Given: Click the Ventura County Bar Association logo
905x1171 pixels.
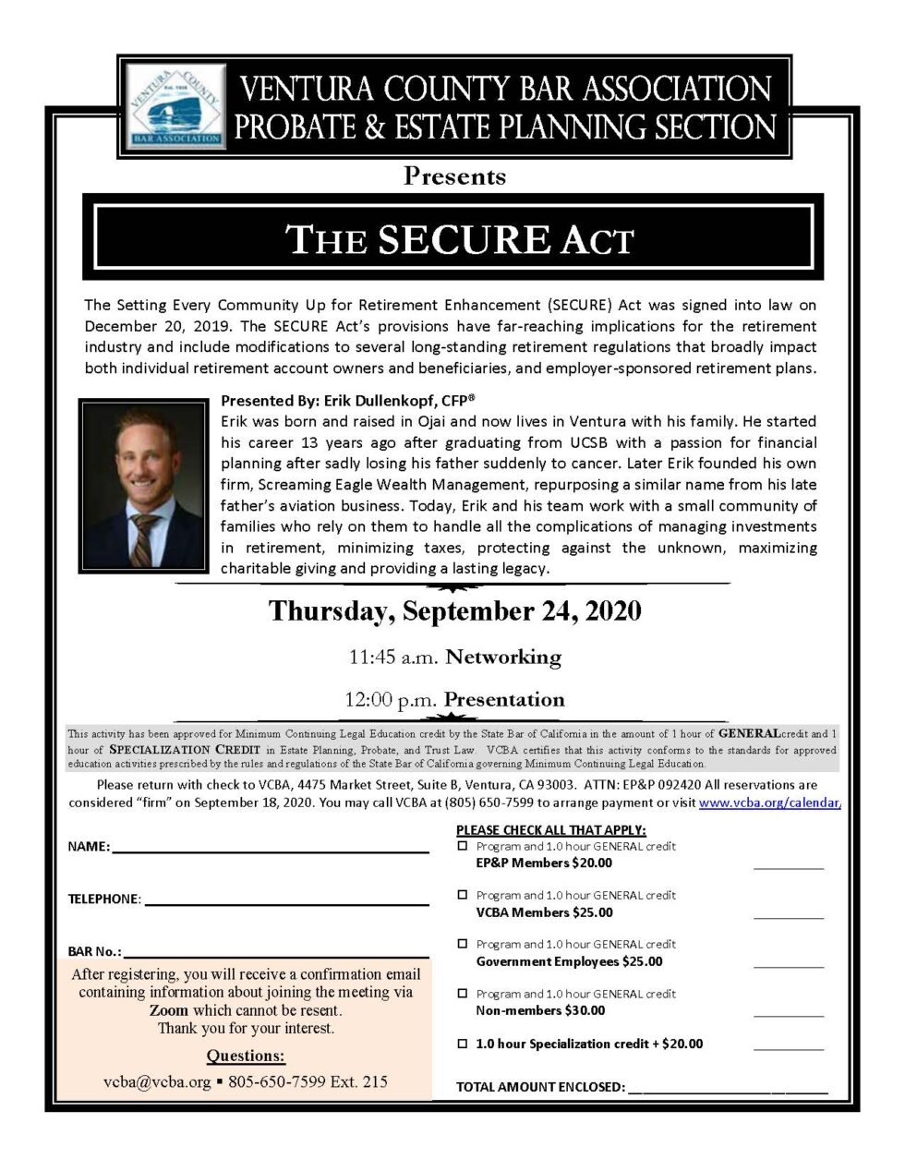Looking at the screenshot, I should (175, 106).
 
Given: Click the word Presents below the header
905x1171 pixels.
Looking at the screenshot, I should (454, 176).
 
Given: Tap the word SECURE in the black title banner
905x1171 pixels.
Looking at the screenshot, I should (464, 239).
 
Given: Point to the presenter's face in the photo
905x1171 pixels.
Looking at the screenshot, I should (146, 458).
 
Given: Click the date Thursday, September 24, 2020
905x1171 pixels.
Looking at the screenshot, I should (454, 611).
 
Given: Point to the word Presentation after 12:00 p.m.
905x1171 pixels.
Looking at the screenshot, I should (504, 700).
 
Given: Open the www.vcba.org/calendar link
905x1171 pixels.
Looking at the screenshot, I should (769, 803).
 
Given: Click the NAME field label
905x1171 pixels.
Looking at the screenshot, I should (89, 847).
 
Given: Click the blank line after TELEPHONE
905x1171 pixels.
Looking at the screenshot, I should (286, 899).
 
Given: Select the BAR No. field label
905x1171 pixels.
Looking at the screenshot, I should (94, 951).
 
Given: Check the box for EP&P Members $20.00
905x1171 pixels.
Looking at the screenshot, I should (463, 846).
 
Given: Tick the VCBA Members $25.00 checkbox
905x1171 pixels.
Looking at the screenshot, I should (463, 895).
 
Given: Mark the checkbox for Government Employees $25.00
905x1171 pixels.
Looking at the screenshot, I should (463, 944).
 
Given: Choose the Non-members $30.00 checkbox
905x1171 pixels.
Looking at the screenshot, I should (463, 994).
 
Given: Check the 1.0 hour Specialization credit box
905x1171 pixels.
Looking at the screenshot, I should (463, 1044).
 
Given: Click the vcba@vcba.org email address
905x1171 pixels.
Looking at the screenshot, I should (157, 1081).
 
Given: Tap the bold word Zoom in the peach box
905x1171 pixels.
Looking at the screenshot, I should (169, 1010).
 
